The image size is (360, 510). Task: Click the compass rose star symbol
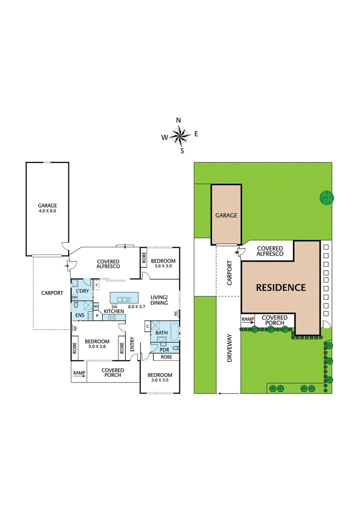[x=180, y=136]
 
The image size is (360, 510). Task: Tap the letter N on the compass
[x=179, y=120]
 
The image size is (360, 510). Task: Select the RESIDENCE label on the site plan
[x=281, y=287]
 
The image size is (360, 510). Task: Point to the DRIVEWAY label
[x=230, y=348]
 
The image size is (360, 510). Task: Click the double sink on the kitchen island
[x=124, y=298]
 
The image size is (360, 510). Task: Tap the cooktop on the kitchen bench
[x=112, y=318]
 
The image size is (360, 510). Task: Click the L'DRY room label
[x=83, y=291]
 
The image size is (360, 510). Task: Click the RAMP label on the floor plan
[x=79, y=373]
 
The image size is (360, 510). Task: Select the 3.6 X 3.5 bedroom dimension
[x=159, y=379]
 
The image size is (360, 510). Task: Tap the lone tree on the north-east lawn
[x=325, y=197]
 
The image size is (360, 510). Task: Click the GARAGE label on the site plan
[x=226, y=215]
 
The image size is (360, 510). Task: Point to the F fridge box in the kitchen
[x=97, y=285]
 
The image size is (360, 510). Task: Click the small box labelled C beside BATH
[x=148, y=325]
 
